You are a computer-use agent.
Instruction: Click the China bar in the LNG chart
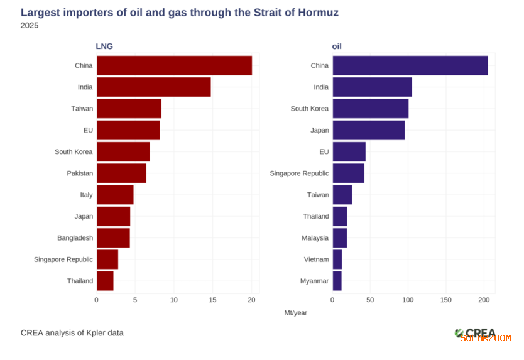(x=174, y=65)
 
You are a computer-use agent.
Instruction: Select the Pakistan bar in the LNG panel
(x=121, y=173)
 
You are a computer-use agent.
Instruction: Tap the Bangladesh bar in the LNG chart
(x=113, y=238)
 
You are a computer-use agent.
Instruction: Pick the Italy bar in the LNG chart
(x=115, y=195)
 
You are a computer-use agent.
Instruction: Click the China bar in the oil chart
(x=410, y=65)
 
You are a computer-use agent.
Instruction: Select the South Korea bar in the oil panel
(x=370, y=109)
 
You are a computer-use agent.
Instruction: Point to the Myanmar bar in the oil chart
(x=337, y=281)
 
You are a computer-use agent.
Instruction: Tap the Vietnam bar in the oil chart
(x=337, y=259)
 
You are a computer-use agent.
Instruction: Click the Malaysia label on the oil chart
(x=315, y=238)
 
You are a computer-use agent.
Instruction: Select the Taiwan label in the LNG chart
(x=82, y=109)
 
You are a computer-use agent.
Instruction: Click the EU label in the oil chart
(x=324, y=151)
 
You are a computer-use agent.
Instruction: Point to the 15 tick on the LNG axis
(x=213, y=300)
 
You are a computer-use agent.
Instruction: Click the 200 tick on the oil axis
(x=484, y=300)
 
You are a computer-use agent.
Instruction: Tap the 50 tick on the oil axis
(x=370, y=300)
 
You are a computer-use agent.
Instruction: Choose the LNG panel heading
(x=104, y=46)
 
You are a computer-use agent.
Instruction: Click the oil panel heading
(x=337, y=46)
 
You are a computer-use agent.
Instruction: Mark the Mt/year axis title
(x=296, y=312)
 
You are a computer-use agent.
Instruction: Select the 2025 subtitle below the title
(x=30, y=26)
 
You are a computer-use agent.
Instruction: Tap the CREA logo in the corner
(x=476, y=333)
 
